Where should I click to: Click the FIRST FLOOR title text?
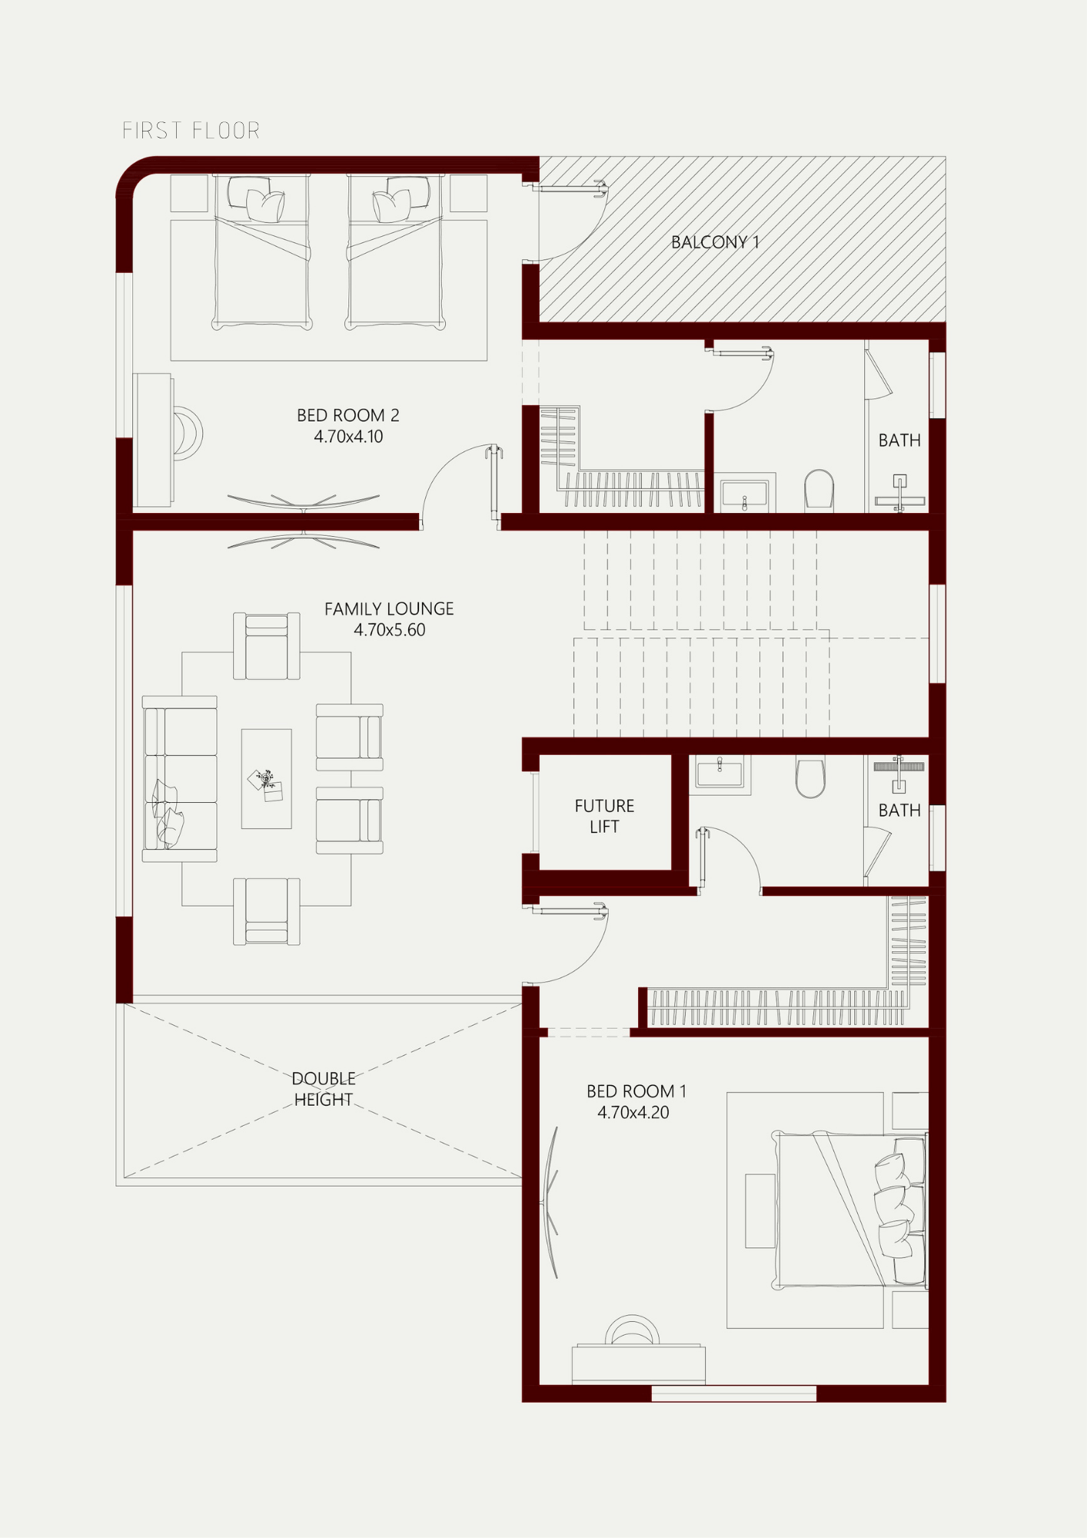click(x=191, y=131)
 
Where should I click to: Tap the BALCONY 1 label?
click(x=715, y=242)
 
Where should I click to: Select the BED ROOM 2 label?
click(x=348, y=415)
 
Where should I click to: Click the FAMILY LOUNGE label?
click(x=389, y=609)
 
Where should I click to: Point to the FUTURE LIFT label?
click(x=604, y=816)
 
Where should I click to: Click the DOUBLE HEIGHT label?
click(x=324, y=1089)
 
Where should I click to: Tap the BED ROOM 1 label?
click(x=637, y=1091)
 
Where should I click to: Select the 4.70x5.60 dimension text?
click(x=389, y=630)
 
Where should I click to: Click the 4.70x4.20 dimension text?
click(x=633, y=1112)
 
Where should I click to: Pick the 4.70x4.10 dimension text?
click(x=348, y=437)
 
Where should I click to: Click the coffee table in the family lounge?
click(x=267, y=778)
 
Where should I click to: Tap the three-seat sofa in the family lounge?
click(x=180, y=779)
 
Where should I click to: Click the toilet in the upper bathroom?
click(x=819, y=490)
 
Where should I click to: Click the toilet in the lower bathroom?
click(x=810, y=777)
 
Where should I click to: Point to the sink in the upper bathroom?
click(x=744, y=494)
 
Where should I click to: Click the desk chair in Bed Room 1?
click(x=632, y=1330)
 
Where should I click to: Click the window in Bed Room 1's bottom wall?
click(x=734, y=1393)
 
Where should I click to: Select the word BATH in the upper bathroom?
click(x=899, y=441)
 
